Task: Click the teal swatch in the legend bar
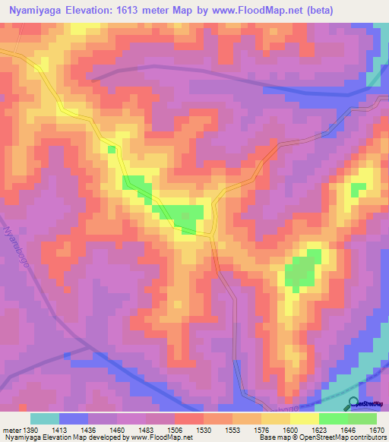pyautogui.click(x=45, y=418)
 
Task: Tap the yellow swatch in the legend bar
pyautogui.click(x=305, y=418)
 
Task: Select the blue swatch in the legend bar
pyautogui.click(x=74, y=418)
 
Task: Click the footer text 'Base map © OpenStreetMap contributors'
pyautogui.click(x=322, y=437)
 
